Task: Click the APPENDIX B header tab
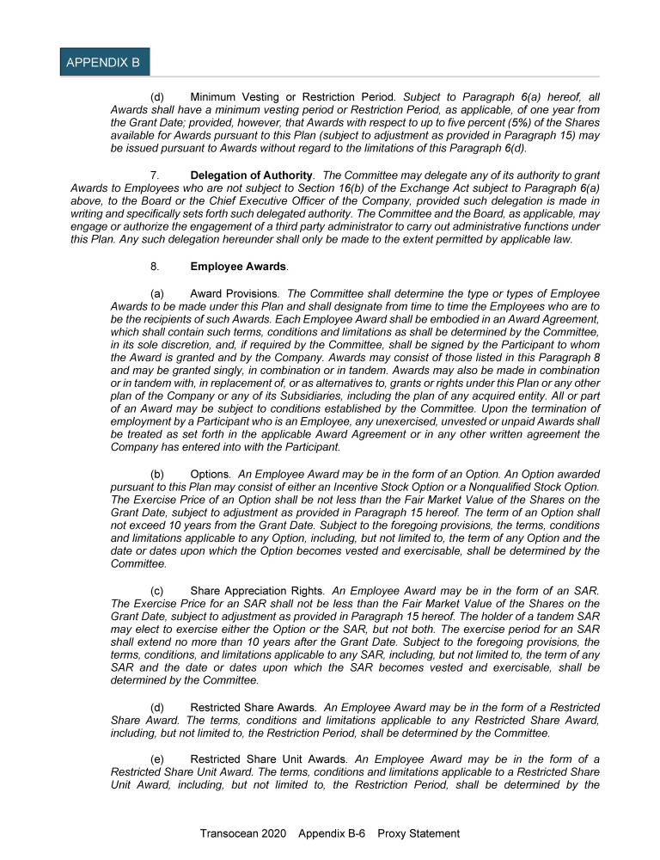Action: click(105, 63)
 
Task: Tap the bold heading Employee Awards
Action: click(238, 267)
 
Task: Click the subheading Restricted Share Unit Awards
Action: click(270, 759)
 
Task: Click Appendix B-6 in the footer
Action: click(333, 833)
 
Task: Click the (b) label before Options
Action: click(157, 474)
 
